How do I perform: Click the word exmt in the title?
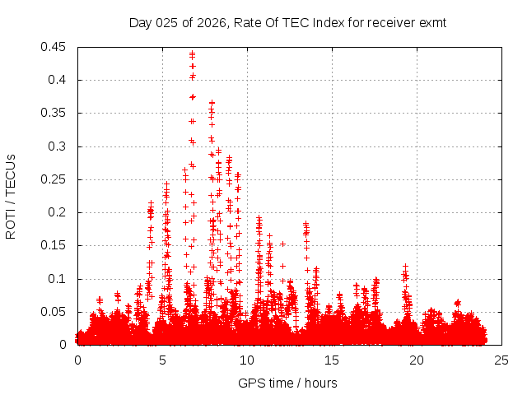coord(432,23)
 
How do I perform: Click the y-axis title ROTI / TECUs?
coord(12,196)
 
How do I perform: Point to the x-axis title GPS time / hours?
coord(287,383)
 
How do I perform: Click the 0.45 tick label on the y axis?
coord(54,47)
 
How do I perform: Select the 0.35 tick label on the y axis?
coord(54,113)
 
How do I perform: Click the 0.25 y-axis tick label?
coord(54,179)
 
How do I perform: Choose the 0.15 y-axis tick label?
coord(54,245)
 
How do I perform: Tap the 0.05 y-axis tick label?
coord(54,312)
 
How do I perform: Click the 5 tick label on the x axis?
coord(162,360)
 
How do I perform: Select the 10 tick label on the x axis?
coord(247,360)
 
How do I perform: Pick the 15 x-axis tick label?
coord(332,360)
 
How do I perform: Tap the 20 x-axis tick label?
coord(417,360)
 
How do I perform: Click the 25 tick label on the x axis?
coord(501,360)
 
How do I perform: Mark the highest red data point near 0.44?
coord(192,53)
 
